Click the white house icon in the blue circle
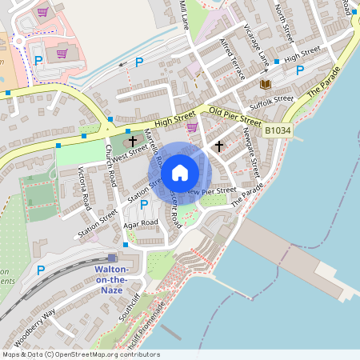coord(180,172)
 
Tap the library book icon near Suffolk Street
coord(266,83)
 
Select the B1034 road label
coord(278,129)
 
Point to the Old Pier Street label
coord(235,116)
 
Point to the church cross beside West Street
coord(133,141)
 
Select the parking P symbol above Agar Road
coord(144,205)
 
